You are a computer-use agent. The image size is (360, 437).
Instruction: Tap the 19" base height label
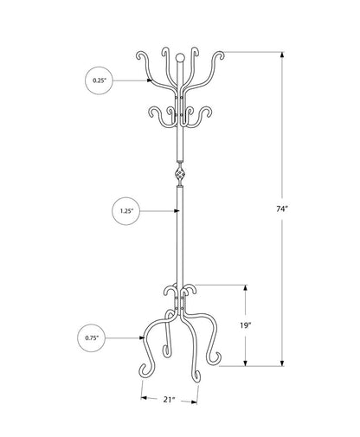(x=246, y=325)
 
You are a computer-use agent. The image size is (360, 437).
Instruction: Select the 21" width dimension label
(x=170, y=400)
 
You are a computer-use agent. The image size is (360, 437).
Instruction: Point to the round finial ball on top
(x=179, y=59)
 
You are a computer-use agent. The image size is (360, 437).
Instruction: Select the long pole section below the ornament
(x=179, y=234)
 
